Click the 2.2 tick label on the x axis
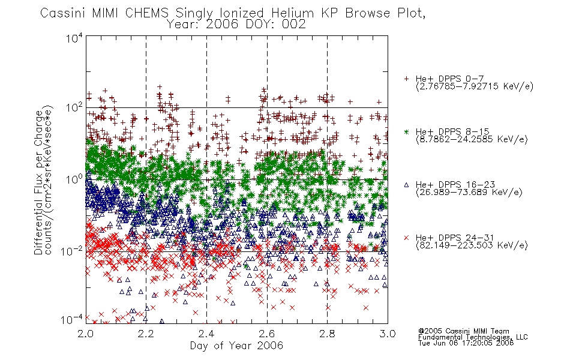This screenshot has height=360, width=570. [146, 334]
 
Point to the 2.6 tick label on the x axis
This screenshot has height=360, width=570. [267, 334]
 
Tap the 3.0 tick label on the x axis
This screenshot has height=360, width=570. [388, 334]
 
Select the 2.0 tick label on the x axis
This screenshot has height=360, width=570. [85, 334]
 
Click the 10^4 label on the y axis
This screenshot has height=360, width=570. [74, 38]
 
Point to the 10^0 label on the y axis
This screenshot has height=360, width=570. [74, 179]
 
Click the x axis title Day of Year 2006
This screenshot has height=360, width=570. [236, 346]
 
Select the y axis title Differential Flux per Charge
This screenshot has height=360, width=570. [38, 182]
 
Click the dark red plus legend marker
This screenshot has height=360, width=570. [406, 79]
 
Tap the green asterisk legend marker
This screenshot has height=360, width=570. [406, 131]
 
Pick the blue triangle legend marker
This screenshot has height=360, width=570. [406, 185]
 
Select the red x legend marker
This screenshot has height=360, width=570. [406, 238]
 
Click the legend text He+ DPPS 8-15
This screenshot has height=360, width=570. [452, 131]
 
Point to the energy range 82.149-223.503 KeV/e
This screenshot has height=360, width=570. [472, 245]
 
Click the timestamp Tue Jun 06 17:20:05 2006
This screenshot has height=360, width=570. [466, 343]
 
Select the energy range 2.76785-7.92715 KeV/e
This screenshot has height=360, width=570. [475, 86]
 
